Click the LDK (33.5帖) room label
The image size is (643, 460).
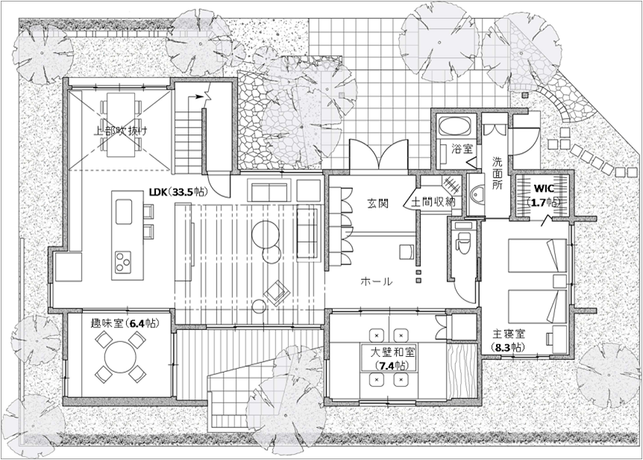[178, 192]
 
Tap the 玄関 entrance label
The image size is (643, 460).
[377, 202]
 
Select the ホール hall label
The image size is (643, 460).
[377, 282]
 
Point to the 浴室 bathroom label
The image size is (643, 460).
[462, 149]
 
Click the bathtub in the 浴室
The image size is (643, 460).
[454, 125]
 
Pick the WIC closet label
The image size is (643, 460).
[544, 188]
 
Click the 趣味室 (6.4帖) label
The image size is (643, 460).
[125, 323]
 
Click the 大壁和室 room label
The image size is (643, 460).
[393, 352]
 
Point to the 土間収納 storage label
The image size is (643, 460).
[433, 202]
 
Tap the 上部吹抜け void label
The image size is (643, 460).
[119, 131]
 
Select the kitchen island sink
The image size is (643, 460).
[123, 212]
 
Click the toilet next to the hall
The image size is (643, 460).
[463, 242]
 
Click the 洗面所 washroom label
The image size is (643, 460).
[497, 172]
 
